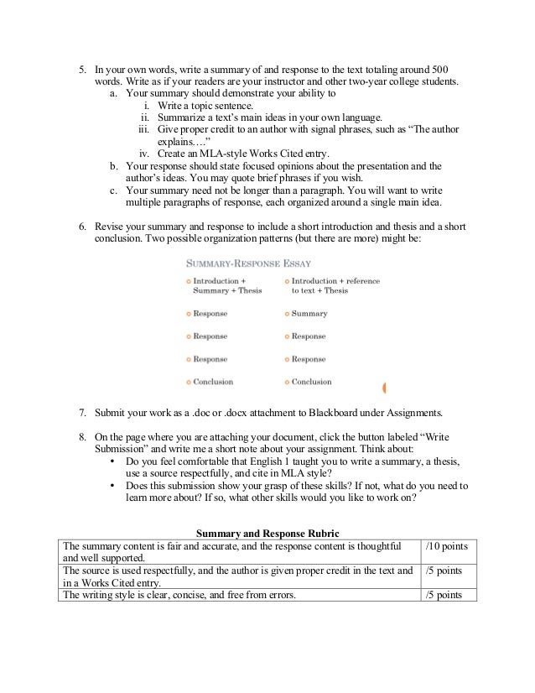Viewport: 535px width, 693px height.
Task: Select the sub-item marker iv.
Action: coord(143,153)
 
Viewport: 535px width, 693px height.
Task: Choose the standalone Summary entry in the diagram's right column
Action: coord(309,314)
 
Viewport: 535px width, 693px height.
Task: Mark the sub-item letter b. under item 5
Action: coord(114,166)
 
